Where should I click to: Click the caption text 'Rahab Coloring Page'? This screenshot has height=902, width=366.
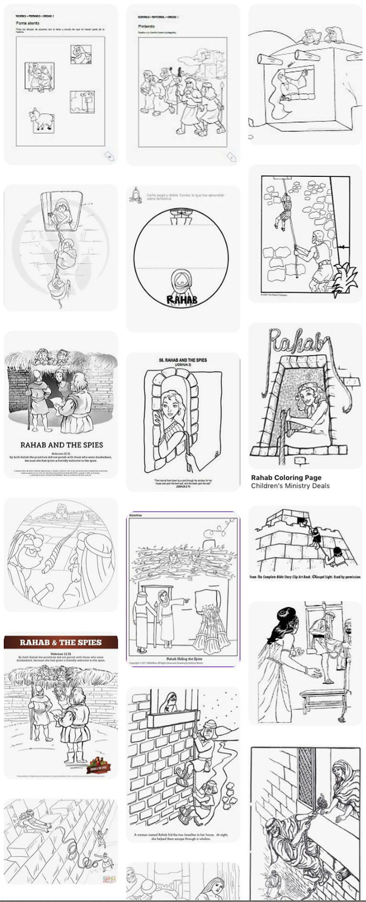pyautogui.click(x=286, y=477)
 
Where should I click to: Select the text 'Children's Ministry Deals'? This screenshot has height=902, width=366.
pyautogui.click(x=290, y=486)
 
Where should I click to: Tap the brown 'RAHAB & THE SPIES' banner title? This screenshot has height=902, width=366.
pyautogui.click(x=61, y=642)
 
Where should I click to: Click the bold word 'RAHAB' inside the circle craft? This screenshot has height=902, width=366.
pyautogui.click(x=182, y=299)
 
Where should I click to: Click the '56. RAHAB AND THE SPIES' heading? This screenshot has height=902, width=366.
pyautogui.click(x=183, y=360)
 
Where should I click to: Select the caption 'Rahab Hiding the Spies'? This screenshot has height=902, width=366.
pyautogui.click(x=183, y=659)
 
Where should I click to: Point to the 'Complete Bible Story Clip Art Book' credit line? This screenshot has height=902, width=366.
pyautogui.click(x=305, y=577)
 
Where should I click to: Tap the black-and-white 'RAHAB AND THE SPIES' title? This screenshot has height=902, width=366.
pyautogui.click(x=61, y=445)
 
